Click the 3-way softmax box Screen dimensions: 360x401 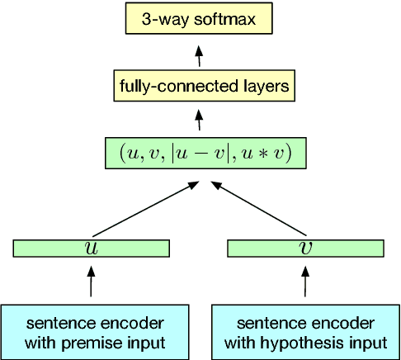(198, 18)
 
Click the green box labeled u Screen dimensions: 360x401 (92, 248)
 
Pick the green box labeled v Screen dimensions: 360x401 (305, 248)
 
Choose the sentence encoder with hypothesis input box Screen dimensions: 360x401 (305, 331)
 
